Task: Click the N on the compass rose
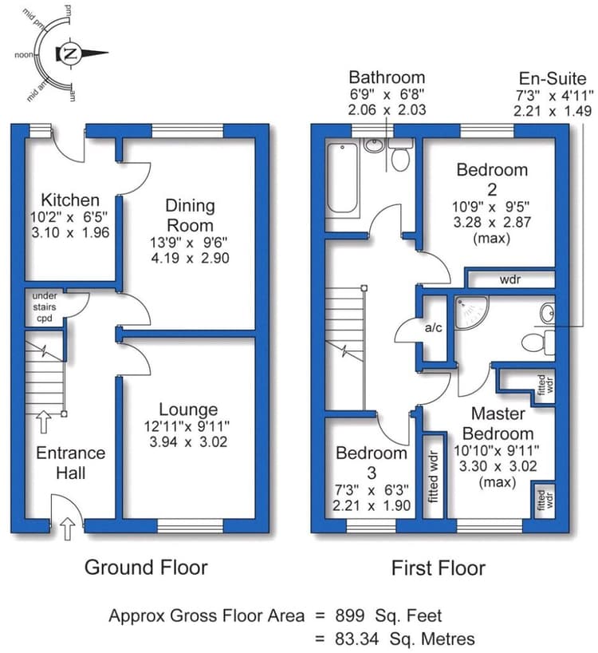point(71,53)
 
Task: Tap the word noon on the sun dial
point(24,54)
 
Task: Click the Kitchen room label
point(70,200)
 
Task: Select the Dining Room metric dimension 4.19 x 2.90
point(190,258)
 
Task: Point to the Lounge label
point(188,410)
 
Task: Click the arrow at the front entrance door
point(67,528)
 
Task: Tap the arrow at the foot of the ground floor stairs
point(44,421)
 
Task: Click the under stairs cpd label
point(45,307)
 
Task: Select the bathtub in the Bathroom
point(343,178)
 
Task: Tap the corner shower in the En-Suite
point(471,312)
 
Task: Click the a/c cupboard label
point(433,328)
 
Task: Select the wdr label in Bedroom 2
point(509,279)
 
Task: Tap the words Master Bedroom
point(498,424)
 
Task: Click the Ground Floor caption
point(146,568)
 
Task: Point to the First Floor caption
point(439,568)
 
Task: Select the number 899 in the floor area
point(350,615)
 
